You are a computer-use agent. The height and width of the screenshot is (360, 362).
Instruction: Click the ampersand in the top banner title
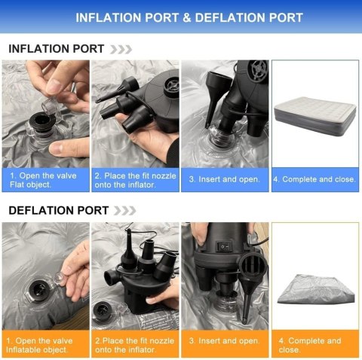coord(187,18)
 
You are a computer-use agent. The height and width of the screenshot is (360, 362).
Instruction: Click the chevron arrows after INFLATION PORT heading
coord(121,50)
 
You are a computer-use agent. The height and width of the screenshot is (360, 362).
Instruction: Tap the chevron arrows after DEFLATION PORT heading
coord(125,211)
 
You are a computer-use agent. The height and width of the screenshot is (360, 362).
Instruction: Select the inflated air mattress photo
coord(315,116)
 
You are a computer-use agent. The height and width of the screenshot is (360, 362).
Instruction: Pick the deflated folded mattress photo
coord(316,289)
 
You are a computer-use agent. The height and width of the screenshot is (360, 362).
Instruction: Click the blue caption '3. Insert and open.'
coord(224,179)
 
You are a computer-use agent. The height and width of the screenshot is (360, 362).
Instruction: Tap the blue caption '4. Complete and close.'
coord(314,179)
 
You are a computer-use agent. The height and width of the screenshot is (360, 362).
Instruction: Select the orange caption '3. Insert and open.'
coord(224,341)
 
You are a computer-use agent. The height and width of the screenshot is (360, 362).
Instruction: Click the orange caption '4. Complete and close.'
coord(310,345)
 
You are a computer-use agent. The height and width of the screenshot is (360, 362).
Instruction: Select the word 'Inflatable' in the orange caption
coord(21,349)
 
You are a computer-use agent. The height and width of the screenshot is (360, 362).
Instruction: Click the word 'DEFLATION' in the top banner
coord(229,18)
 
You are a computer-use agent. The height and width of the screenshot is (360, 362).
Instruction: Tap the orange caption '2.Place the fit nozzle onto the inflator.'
coord(135,345)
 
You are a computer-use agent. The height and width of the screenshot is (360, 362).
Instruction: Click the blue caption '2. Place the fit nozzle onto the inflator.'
coord(135,180)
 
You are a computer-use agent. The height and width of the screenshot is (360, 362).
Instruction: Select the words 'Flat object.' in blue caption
coord(30,185)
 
